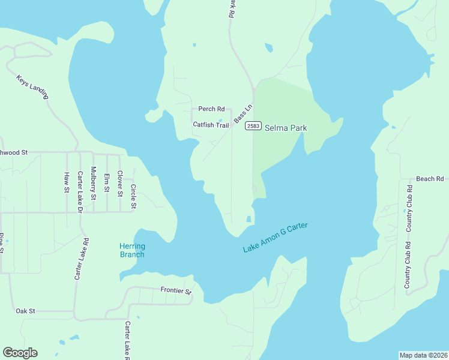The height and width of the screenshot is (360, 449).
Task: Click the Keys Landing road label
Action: pos(32,88)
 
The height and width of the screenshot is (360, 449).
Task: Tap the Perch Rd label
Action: pos(211,109)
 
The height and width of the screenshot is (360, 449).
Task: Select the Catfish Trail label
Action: pos(211,125)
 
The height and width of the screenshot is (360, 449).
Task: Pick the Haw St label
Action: pos(67,183)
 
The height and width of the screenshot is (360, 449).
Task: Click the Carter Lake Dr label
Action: pos(80,193)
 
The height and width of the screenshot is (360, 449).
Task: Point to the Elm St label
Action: pos(107,182)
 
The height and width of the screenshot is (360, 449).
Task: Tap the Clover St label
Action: pos(120,184)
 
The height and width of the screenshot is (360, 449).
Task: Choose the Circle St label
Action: pos(133,196)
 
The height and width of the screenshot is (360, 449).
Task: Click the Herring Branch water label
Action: pos(132,250)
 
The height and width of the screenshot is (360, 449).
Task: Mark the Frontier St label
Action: pos(175,290)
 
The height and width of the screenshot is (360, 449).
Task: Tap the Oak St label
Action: pos(26,311)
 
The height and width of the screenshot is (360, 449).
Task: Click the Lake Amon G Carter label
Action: pos(276,237)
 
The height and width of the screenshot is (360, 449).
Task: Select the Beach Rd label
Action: pos(430,179)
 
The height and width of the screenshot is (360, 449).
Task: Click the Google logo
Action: pos(20,353)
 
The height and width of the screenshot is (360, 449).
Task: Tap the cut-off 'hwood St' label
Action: pos(14,152)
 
